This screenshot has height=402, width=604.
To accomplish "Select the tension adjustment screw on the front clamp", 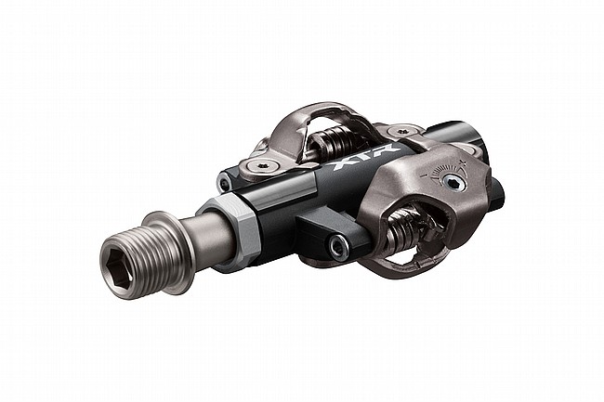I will coord(453,183).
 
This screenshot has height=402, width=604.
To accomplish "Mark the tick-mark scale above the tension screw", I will coord(444,168).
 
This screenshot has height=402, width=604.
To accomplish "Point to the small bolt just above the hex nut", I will coord(226,180).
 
